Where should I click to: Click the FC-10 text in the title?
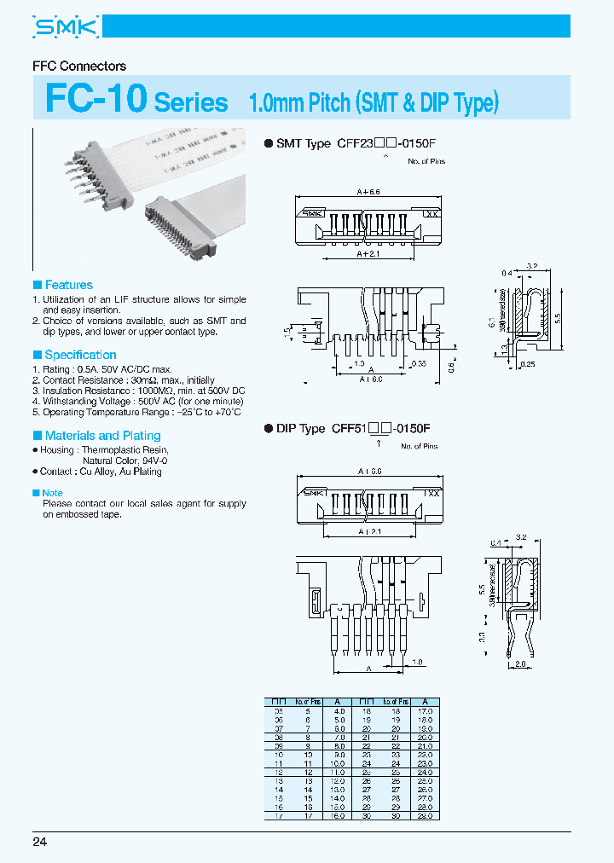[96, 100]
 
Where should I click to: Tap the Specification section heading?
[80, 355]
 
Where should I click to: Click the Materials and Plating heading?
[102, 436]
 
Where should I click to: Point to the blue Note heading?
[52, 493]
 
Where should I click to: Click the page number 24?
[40, 843]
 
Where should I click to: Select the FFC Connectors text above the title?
[78, 66]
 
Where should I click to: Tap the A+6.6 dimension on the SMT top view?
[369, 192]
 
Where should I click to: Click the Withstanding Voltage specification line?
[142, 401]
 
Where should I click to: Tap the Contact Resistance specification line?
[128, 380]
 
